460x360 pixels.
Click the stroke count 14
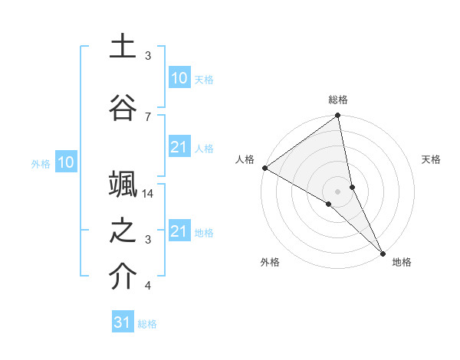pos(149,195)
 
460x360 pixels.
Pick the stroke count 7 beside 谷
pos(148,116)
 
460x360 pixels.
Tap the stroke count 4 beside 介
pos(148,286)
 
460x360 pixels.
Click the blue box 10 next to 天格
pos(179,78)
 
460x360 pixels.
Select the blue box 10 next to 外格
pos(66,162)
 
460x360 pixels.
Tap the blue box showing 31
pos(123,322)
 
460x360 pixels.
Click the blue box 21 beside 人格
pos(179,147)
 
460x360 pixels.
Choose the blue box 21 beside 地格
pos(179,231)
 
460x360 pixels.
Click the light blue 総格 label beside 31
pos(147,324)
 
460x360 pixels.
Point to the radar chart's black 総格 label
pos(338,100)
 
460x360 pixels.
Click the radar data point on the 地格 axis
pos(383,253)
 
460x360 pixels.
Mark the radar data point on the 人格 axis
pos(264,168)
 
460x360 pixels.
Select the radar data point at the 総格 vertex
pos(337,116)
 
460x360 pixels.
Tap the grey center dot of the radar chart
pos(337,191)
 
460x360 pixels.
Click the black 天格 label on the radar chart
pos(431,159)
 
